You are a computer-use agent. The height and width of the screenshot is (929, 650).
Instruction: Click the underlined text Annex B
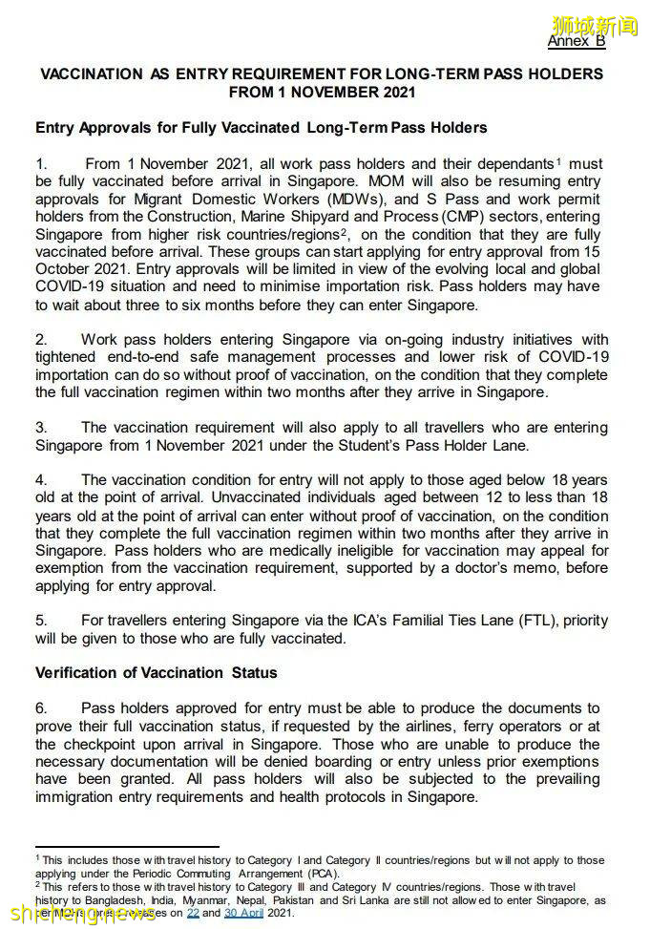click(x=576, y=41)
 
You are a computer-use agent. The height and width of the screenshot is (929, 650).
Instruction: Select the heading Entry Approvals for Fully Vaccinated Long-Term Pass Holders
click(x=261, y=127)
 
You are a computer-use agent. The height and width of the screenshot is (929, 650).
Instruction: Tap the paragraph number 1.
click(x=41, y=164)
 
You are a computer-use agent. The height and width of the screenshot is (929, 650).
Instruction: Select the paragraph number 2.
click(x=41, y=340)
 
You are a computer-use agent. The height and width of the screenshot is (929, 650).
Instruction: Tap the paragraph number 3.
click(x=41, y=428)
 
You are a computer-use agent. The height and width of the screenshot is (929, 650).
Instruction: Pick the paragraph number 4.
click(x=41, y=480)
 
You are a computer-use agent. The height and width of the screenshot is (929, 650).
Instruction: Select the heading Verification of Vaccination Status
click(x=156, y=673)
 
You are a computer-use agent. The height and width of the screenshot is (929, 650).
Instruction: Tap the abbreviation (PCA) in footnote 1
click(x=320, y=873)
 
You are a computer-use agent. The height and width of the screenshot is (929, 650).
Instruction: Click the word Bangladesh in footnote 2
click(x=115, y=899)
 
